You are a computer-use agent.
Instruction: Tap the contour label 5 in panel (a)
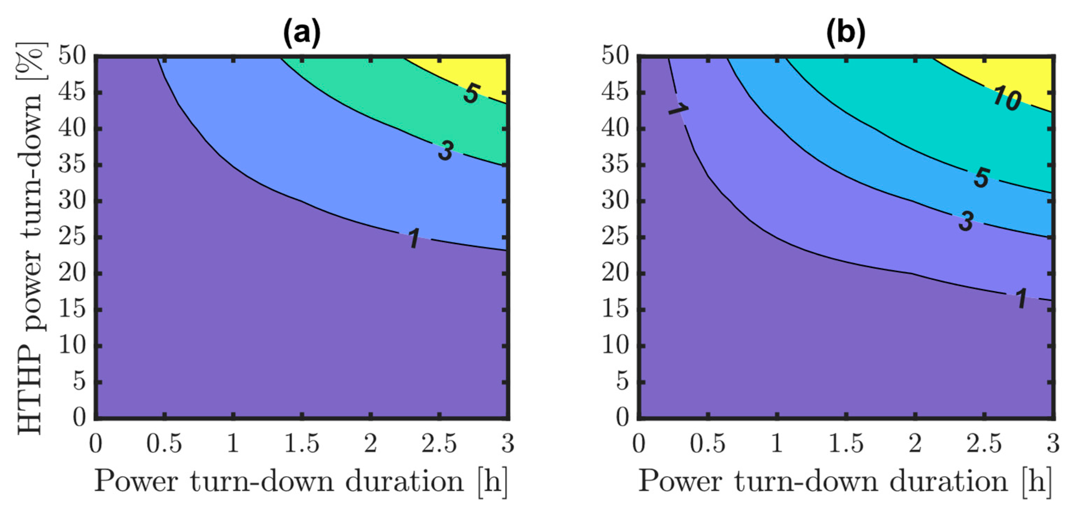(472, 93)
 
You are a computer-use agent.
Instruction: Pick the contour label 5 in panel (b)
(982, 177)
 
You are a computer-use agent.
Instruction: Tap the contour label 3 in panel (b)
(966, 221)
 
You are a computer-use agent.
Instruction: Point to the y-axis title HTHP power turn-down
(31, 238)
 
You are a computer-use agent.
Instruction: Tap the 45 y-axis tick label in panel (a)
(73, 92)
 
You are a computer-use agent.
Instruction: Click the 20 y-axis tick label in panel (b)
(615, 274)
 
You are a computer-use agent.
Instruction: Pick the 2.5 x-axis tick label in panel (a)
(439, 444)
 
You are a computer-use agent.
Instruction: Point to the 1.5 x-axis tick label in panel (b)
(845, 444)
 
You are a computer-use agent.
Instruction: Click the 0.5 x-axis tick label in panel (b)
(708, 444)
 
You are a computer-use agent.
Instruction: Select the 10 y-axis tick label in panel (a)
(73, 346)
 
